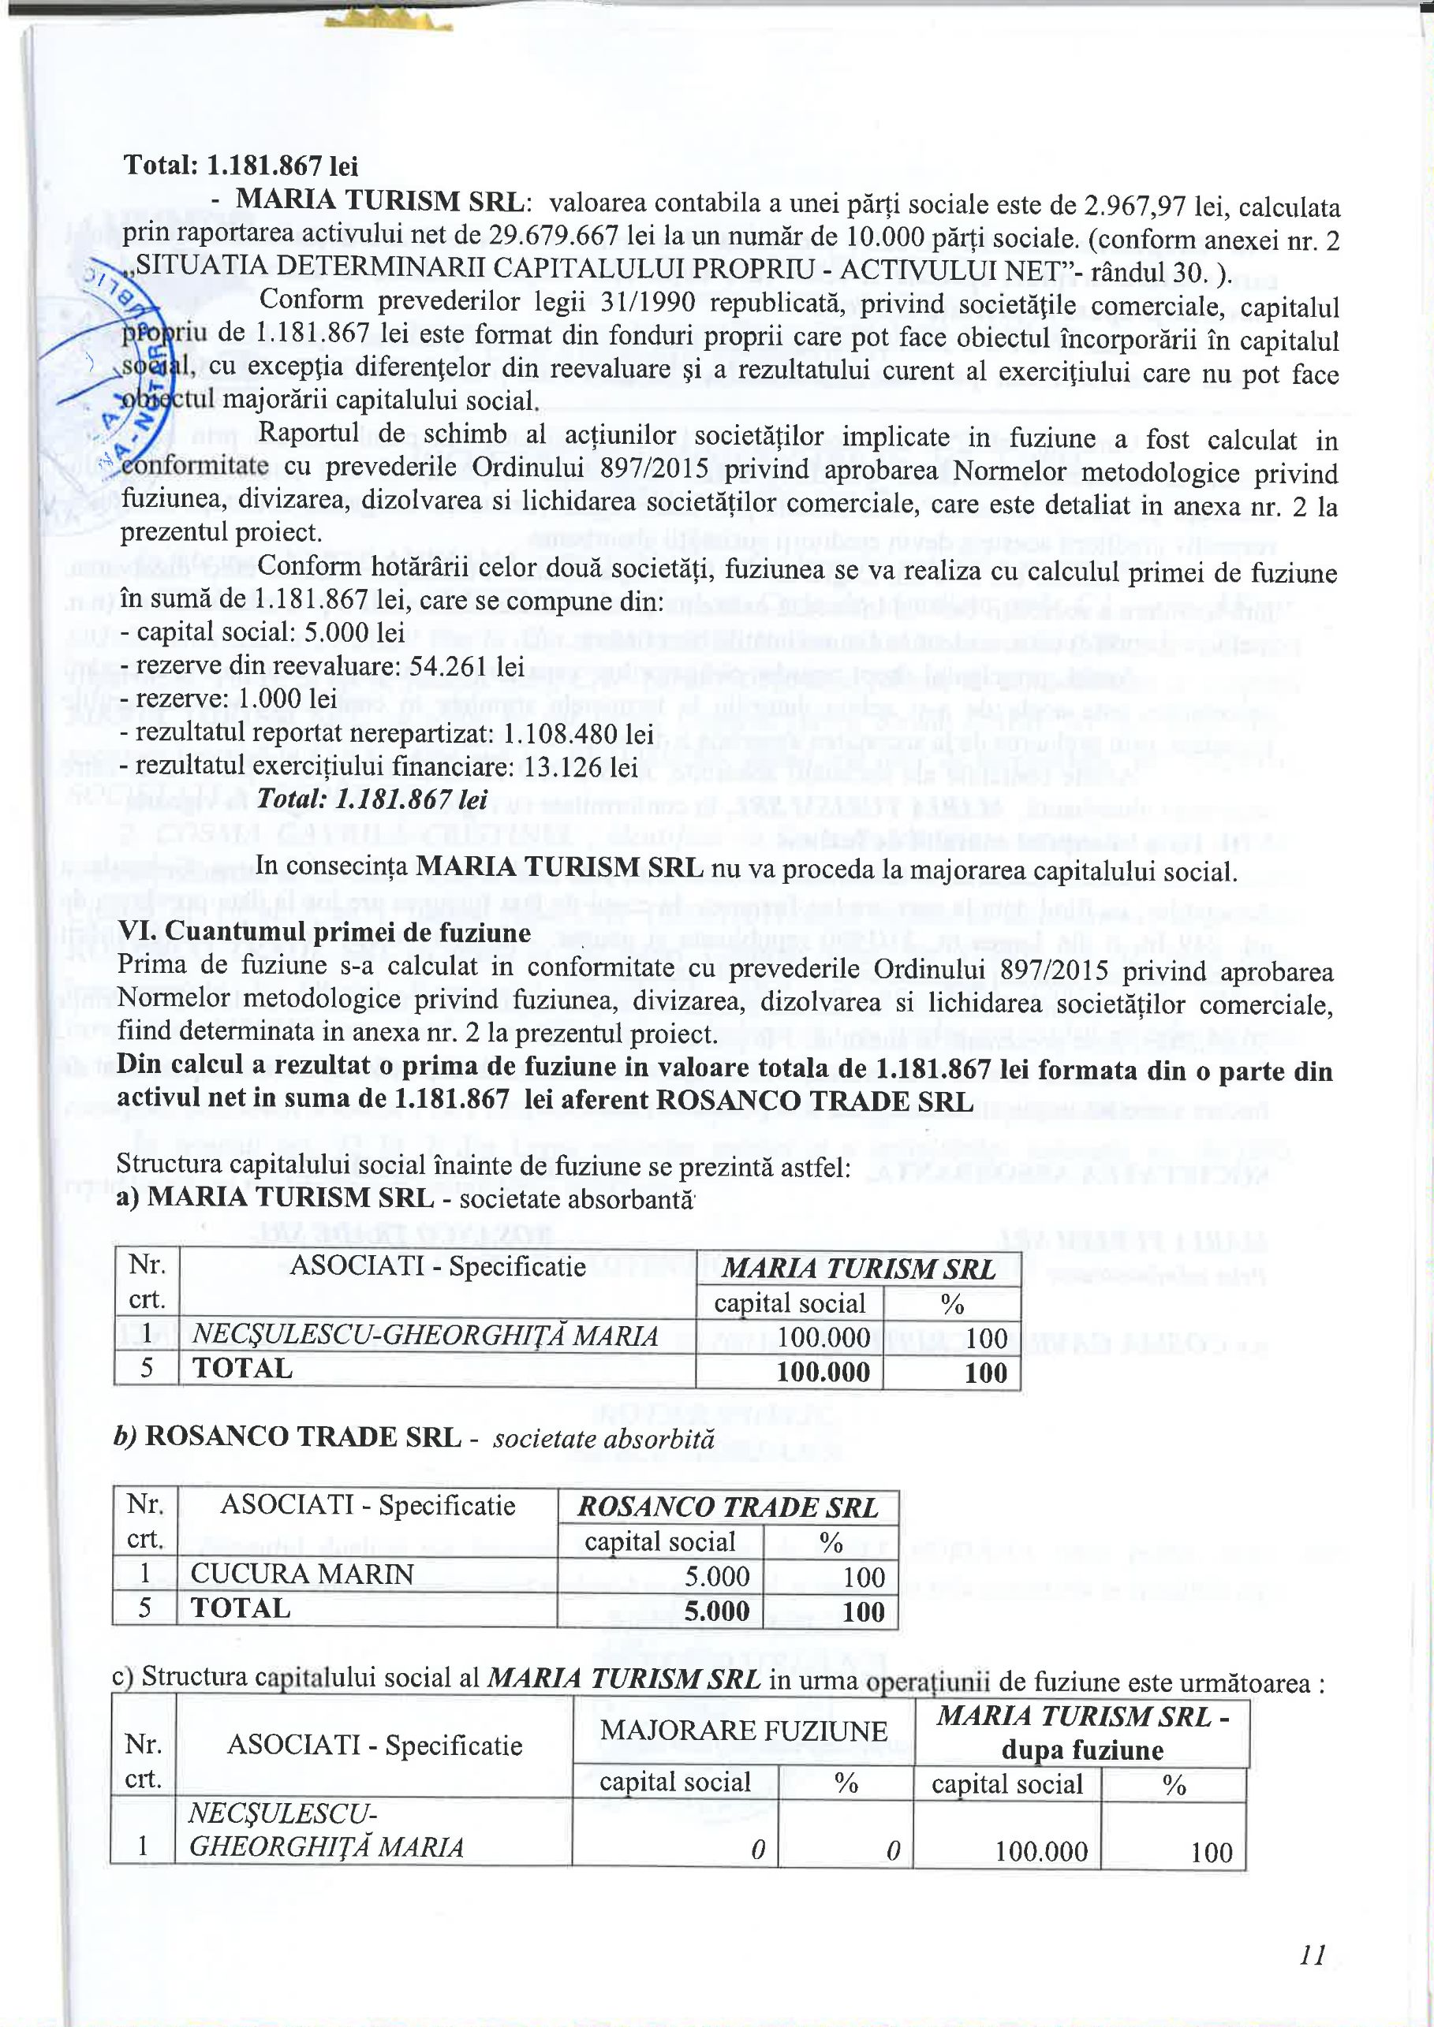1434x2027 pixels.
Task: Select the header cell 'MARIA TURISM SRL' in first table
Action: click(x=857, y=1269)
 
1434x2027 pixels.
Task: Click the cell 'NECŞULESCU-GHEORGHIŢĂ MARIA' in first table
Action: click(x=424, y=1336)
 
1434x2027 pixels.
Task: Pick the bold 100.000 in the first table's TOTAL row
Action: click(x=823, y=1371)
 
